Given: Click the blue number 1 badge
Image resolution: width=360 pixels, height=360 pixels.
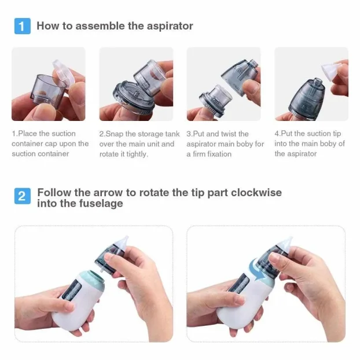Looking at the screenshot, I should [x=21, y=27].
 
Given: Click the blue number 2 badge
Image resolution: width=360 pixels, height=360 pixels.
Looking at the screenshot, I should [x=21, y=196].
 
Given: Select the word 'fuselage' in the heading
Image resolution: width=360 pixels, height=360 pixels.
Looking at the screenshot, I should [x=104, y=204].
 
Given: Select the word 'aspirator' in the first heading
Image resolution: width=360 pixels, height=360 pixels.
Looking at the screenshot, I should [x=170, y=26].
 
